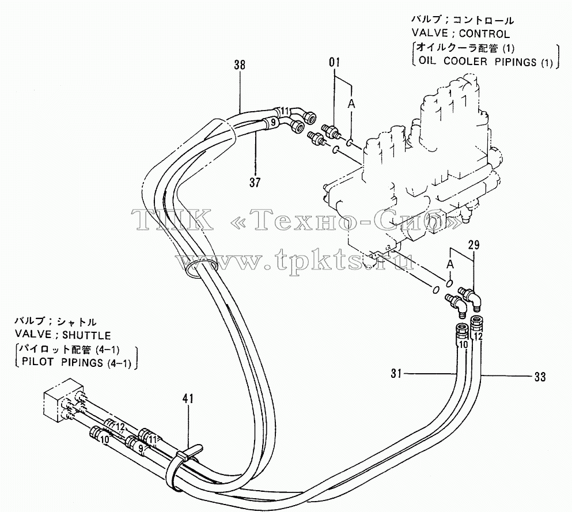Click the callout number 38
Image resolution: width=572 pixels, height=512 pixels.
[x=240, y=65]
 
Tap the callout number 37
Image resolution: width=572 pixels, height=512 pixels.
[x=255, y=182]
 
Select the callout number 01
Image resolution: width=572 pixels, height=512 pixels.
[x=334, y=62]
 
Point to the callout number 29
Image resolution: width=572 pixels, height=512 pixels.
[x=473, y=245]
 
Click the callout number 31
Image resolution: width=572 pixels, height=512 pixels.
[x=396, y=373]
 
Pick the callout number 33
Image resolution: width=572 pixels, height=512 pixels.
[x=540, y=377]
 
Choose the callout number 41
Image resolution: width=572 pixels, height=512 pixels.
[x=188, y=399]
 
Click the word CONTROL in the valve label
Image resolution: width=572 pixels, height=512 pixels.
[x=484, y=34]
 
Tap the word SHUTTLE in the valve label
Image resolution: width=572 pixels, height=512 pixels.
[x=86, y=335]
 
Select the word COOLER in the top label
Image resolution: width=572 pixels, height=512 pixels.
[x=465, y=61]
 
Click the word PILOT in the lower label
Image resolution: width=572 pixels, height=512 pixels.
[x=37, y=363]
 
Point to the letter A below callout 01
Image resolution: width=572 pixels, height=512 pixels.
[x=351, y=104]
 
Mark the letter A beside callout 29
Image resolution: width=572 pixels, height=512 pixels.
[x=450, y=264]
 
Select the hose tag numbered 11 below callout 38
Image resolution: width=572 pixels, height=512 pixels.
[x=285, y=111]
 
